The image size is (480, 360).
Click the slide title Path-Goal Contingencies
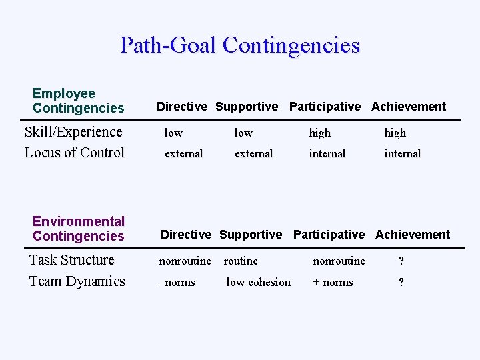click(x=240, y=45)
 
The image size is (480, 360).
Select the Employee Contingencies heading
click(x=78, y=101)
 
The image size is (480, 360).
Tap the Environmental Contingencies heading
click(x=78, y=229)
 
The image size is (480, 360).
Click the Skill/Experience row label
click(x=73, y=132)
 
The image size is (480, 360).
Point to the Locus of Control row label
click(x=74, y=153)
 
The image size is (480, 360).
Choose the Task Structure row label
click(x=71, y=260)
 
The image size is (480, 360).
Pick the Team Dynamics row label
click(x=77, y=281)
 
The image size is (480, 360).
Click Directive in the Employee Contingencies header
click(x=181, y=107)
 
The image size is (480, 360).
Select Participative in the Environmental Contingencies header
click(x=329, y=235)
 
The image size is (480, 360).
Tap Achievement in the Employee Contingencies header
click(x=409, y=107)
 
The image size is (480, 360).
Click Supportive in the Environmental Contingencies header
click(x=251, y=235)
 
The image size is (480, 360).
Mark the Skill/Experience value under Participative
click(x=319, y=133)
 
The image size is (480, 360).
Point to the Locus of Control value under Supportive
click(x=253, y=153)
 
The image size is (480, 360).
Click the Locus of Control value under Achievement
click(x=402, y=153)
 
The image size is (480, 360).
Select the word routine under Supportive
click(x=241, y=261)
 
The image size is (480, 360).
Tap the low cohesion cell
click(x=258, y=282)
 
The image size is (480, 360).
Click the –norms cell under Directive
click(x=177, y=282)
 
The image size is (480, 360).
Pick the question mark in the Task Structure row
click(x=401, y=261)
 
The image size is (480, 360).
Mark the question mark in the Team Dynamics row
click(x=401, y=282)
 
